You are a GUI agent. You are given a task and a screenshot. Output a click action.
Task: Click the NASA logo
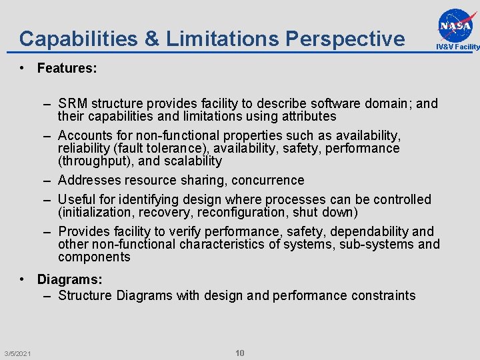pyautogui.click(x=457, y=25)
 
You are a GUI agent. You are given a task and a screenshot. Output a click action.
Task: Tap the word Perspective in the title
pyautogui.click(x=345, y=39)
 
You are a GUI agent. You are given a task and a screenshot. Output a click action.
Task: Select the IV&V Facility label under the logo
pyautogui.click(x=457, y=47)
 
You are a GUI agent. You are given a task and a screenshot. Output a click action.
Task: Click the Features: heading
pyautogui.click(x=67, y=68)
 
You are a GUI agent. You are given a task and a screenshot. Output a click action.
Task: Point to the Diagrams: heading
pyautogui.click(x=70, y=280)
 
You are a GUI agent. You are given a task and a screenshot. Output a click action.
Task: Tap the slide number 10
pyautogui.click(x=240, y=353)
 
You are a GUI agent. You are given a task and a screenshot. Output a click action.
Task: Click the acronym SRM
pyautogui.click(x=73, y=103)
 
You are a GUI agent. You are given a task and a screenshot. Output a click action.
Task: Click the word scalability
pyautogui.click(x=189, y=161)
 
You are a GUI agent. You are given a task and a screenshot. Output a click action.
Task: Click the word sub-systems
pyautogui.click(x=377, y=244)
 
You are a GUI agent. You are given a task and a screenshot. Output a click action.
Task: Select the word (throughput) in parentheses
pyautogui.click(x=95, y=161)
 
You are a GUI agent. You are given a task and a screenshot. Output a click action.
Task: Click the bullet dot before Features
pyautogui.click(x=23, y=68)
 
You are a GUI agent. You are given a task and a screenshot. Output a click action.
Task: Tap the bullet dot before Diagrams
pyautogui.click(x=23, y=280)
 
